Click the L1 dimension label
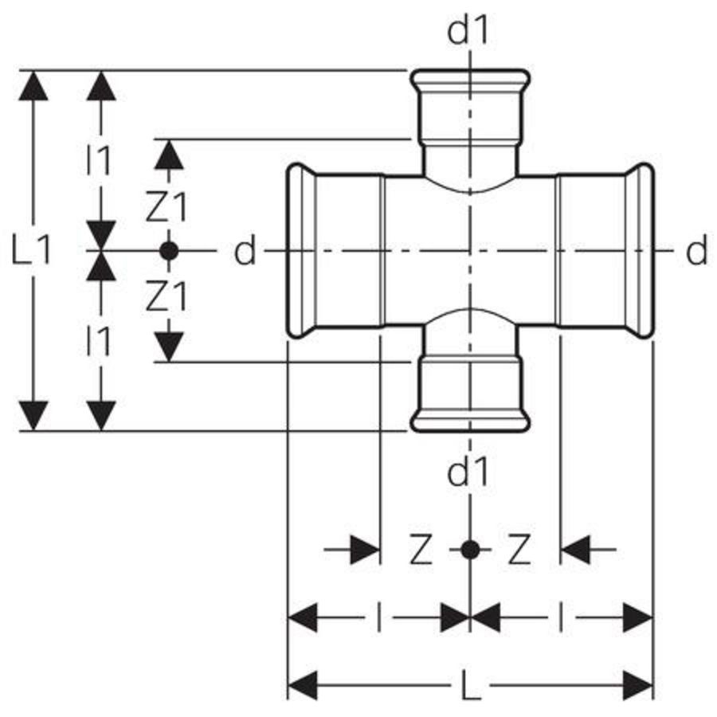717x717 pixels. click(33, 253)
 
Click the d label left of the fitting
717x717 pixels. click(245, 253)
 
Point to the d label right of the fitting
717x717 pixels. click(696, 253)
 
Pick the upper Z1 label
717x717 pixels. click(167, 208)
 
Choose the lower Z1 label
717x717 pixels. click(167, 297)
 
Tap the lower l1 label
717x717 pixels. click(99, 342)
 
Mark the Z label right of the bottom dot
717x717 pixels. click(519, 550)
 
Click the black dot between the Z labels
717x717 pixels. click(471, 549)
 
